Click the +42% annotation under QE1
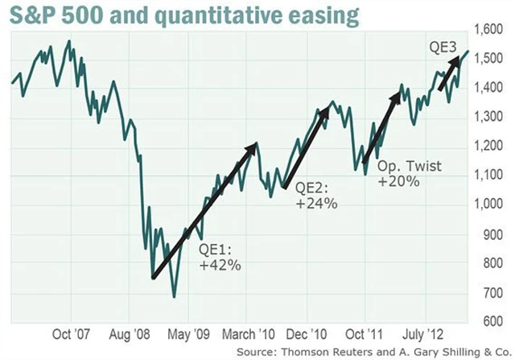tap(220, 263)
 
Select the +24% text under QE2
tap(316, 204)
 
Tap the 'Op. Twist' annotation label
tap(402, 163)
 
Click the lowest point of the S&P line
tap(175, 297)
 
